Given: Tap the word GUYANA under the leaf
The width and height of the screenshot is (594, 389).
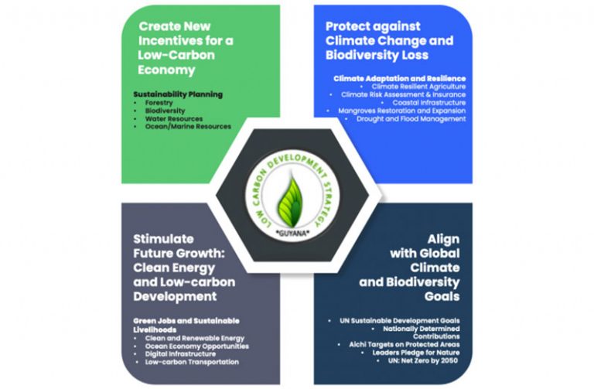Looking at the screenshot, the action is tap(293, 233).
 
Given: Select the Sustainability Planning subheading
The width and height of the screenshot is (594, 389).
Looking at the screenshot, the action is tap(178, 94).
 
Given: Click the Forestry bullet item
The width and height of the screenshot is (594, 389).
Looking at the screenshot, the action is tap(159, 103).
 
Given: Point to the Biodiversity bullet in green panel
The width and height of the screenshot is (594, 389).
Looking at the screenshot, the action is tap(166, 111).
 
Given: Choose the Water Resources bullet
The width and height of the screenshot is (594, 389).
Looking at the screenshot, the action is tap(174, 119).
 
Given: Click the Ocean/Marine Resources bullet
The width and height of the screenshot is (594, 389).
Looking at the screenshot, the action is tap(188, 127).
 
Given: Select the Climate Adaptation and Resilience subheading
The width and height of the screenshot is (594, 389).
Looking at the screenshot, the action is tap(400, 78).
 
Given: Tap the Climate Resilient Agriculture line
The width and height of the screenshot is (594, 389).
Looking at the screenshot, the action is tap(418, 87).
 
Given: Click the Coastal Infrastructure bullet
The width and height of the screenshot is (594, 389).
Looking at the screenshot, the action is tap(429, 103).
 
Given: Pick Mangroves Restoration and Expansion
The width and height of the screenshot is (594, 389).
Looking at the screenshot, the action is tap(402, 111).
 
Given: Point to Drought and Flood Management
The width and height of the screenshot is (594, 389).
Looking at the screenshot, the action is tap(411, 119).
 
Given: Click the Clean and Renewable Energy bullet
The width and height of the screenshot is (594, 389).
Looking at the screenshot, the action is tap(195, 338).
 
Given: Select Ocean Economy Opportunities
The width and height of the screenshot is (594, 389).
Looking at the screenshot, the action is tap(197, 346).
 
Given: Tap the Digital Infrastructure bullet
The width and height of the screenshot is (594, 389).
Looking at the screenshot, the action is tap(180, 354).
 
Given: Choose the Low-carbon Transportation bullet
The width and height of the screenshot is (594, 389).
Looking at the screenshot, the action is tap(192, 362).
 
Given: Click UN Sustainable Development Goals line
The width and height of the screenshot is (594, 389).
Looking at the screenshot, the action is tap(400, 321).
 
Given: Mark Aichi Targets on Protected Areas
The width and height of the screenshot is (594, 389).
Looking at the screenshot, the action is tap(405, 345).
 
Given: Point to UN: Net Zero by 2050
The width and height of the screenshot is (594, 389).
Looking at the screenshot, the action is tap(423, 360).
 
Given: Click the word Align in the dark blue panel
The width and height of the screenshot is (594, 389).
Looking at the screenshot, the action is tap(443, 240).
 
